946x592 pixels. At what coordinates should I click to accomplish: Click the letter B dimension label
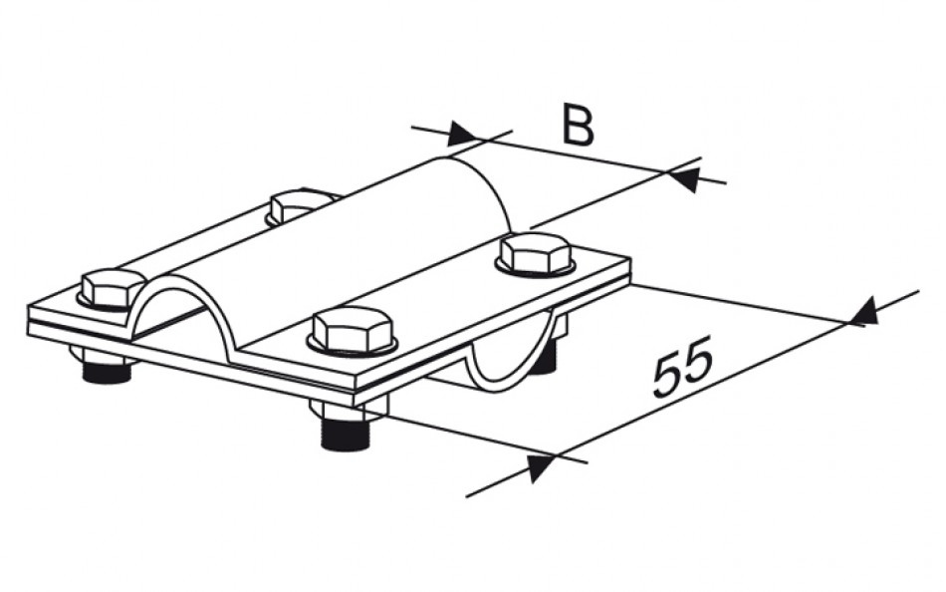[578, 125]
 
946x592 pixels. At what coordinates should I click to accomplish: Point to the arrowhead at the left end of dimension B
[461, 134]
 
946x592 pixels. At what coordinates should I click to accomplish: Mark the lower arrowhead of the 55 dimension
[541, 468]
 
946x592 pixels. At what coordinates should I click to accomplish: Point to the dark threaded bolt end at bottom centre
[344, 434]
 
